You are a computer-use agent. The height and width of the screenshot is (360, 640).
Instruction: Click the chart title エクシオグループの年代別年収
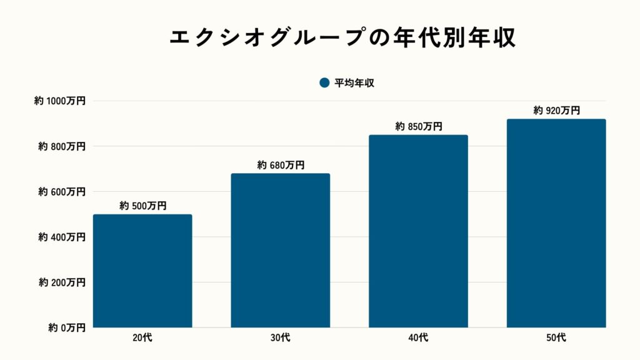(x=342, y=37)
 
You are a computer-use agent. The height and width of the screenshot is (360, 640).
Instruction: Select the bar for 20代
(x=142, y=271)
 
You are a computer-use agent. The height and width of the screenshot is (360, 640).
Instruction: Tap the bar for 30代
(x=281, y=250)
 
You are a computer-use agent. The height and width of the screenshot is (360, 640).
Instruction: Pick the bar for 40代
(x=418, y=231)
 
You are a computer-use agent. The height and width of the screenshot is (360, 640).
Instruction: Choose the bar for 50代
(x=556, y=223)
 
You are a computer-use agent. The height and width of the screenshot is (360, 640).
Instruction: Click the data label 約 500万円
(x=143, y=206)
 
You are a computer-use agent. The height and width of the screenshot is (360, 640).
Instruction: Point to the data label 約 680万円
(x=281, y=165)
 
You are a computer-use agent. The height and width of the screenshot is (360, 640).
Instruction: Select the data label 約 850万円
(x=419, y=126)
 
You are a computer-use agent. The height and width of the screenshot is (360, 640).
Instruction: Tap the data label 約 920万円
(x=556, y=111)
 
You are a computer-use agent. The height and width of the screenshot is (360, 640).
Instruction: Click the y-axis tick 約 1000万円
(x=60, y=101)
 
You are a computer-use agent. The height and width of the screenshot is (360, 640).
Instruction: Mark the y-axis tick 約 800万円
(x=62, y=146)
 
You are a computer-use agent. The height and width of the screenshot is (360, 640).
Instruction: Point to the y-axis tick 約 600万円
(x=62, y=192)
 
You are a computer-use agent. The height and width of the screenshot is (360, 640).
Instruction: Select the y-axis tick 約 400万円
(x=62, y=237)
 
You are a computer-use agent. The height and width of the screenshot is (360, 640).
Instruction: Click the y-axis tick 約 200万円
(x=62, y=282)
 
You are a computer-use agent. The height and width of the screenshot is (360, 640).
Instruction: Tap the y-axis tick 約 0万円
(x=66, y=327)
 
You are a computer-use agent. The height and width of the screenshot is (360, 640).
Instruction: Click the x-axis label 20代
(x=142, y=338)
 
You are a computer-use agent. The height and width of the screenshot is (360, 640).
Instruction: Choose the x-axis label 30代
(x=281, y=338)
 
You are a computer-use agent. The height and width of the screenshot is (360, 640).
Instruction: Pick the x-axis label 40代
(x=418, y=338)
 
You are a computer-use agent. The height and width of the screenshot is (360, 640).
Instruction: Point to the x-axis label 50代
(x=556, y=338)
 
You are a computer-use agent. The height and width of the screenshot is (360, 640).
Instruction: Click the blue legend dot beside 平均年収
(x=324, y=83)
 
